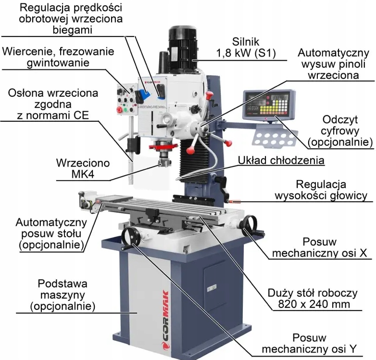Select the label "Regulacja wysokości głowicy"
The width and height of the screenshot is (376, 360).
point(321,190)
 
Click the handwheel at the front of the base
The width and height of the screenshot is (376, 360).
point(130,237)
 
